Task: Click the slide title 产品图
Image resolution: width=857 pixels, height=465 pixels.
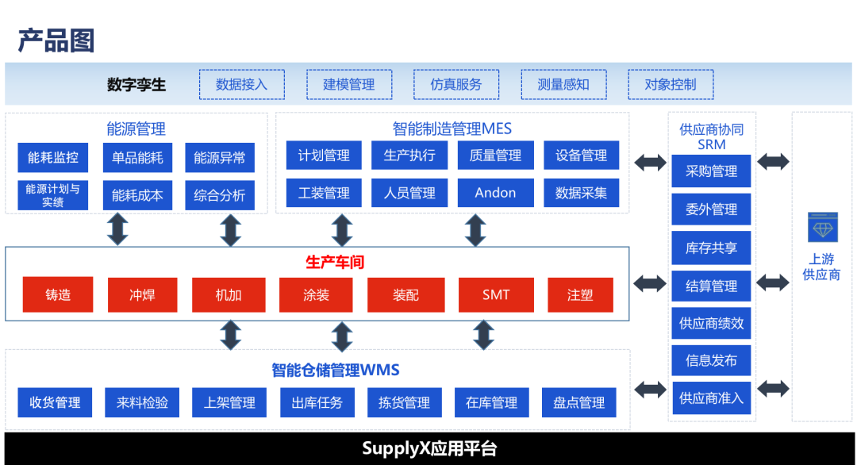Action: [x=56, y=40]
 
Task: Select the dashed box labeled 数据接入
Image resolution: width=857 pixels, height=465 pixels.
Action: [x=241, y=84]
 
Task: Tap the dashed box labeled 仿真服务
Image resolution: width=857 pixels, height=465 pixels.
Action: [x=455, y=84]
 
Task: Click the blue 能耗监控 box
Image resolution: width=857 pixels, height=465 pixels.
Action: [x=53, y=157]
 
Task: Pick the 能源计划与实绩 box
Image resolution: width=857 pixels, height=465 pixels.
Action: [x=53, y=195]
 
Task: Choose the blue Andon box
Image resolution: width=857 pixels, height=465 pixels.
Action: [x=495, y=193]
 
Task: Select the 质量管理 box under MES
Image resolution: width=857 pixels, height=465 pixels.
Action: [x=495, y=156]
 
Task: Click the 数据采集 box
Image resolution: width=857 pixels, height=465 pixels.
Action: [x=581, y=193]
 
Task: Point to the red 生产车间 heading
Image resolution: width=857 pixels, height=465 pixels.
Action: [x=334, y=262]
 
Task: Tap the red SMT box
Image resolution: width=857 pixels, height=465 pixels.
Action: [x=496, y=295]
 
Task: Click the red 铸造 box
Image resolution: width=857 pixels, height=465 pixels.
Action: [x=58, y=295]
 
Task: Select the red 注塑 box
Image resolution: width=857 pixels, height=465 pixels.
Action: [x=579, y=295]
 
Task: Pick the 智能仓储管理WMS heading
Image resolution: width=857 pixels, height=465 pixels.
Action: [x=335, y=370]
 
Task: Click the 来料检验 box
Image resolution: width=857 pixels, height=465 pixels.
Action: [x=142, y=402]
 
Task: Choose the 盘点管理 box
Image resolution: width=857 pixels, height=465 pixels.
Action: [x=578, y=402]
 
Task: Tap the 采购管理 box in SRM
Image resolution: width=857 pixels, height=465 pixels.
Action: [x=711, y=171]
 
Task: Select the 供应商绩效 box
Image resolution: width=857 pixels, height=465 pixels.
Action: [x=711, y=324]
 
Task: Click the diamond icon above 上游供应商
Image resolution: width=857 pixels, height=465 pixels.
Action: [x=821, y=227]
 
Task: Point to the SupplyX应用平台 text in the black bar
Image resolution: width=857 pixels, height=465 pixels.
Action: [x=429, y=448]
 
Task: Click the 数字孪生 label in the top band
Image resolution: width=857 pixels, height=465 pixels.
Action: [x=136, y=84]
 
